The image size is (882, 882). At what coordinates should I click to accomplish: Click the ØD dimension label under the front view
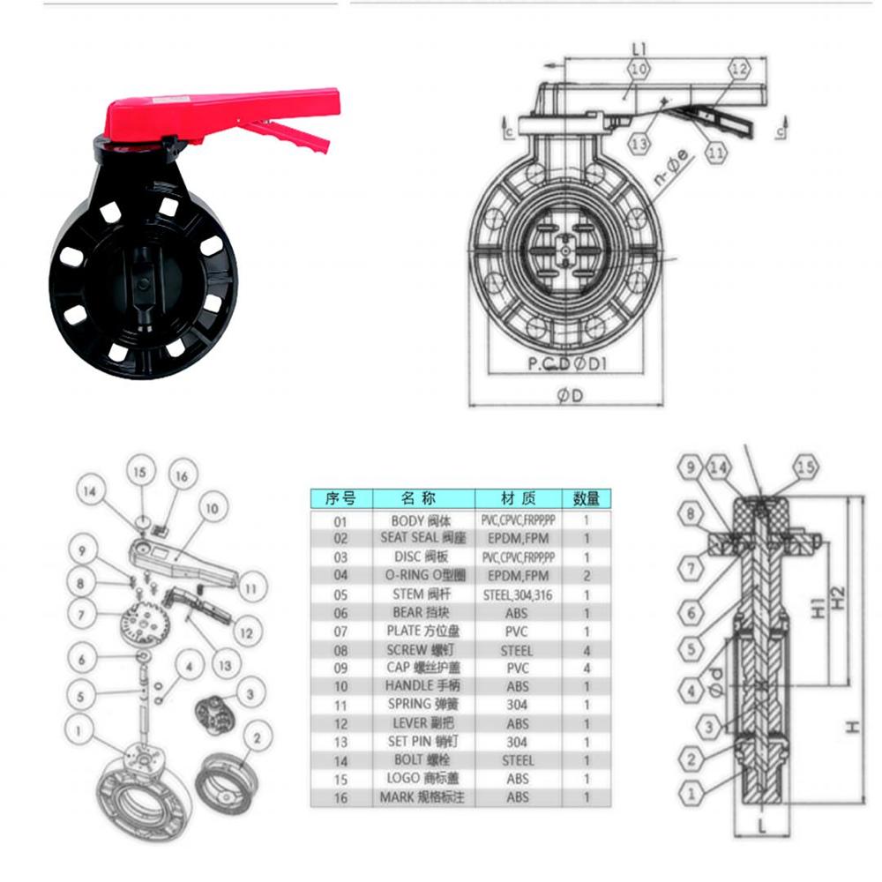[x=571, y=396]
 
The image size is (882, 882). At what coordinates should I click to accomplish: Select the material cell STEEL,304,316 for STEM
[x=519, y=594]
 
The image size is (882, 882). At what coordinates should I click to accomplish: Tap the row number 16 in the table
[x=340, y=797]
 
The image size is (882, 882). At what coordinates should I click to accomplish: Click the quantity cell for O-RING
[x=586, y=575]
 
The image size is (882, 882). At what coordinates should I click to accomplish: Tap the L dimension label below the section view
[x=759, y=826]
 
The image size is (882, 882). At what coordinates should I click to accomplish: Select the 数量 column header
[x=586, y=498]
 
